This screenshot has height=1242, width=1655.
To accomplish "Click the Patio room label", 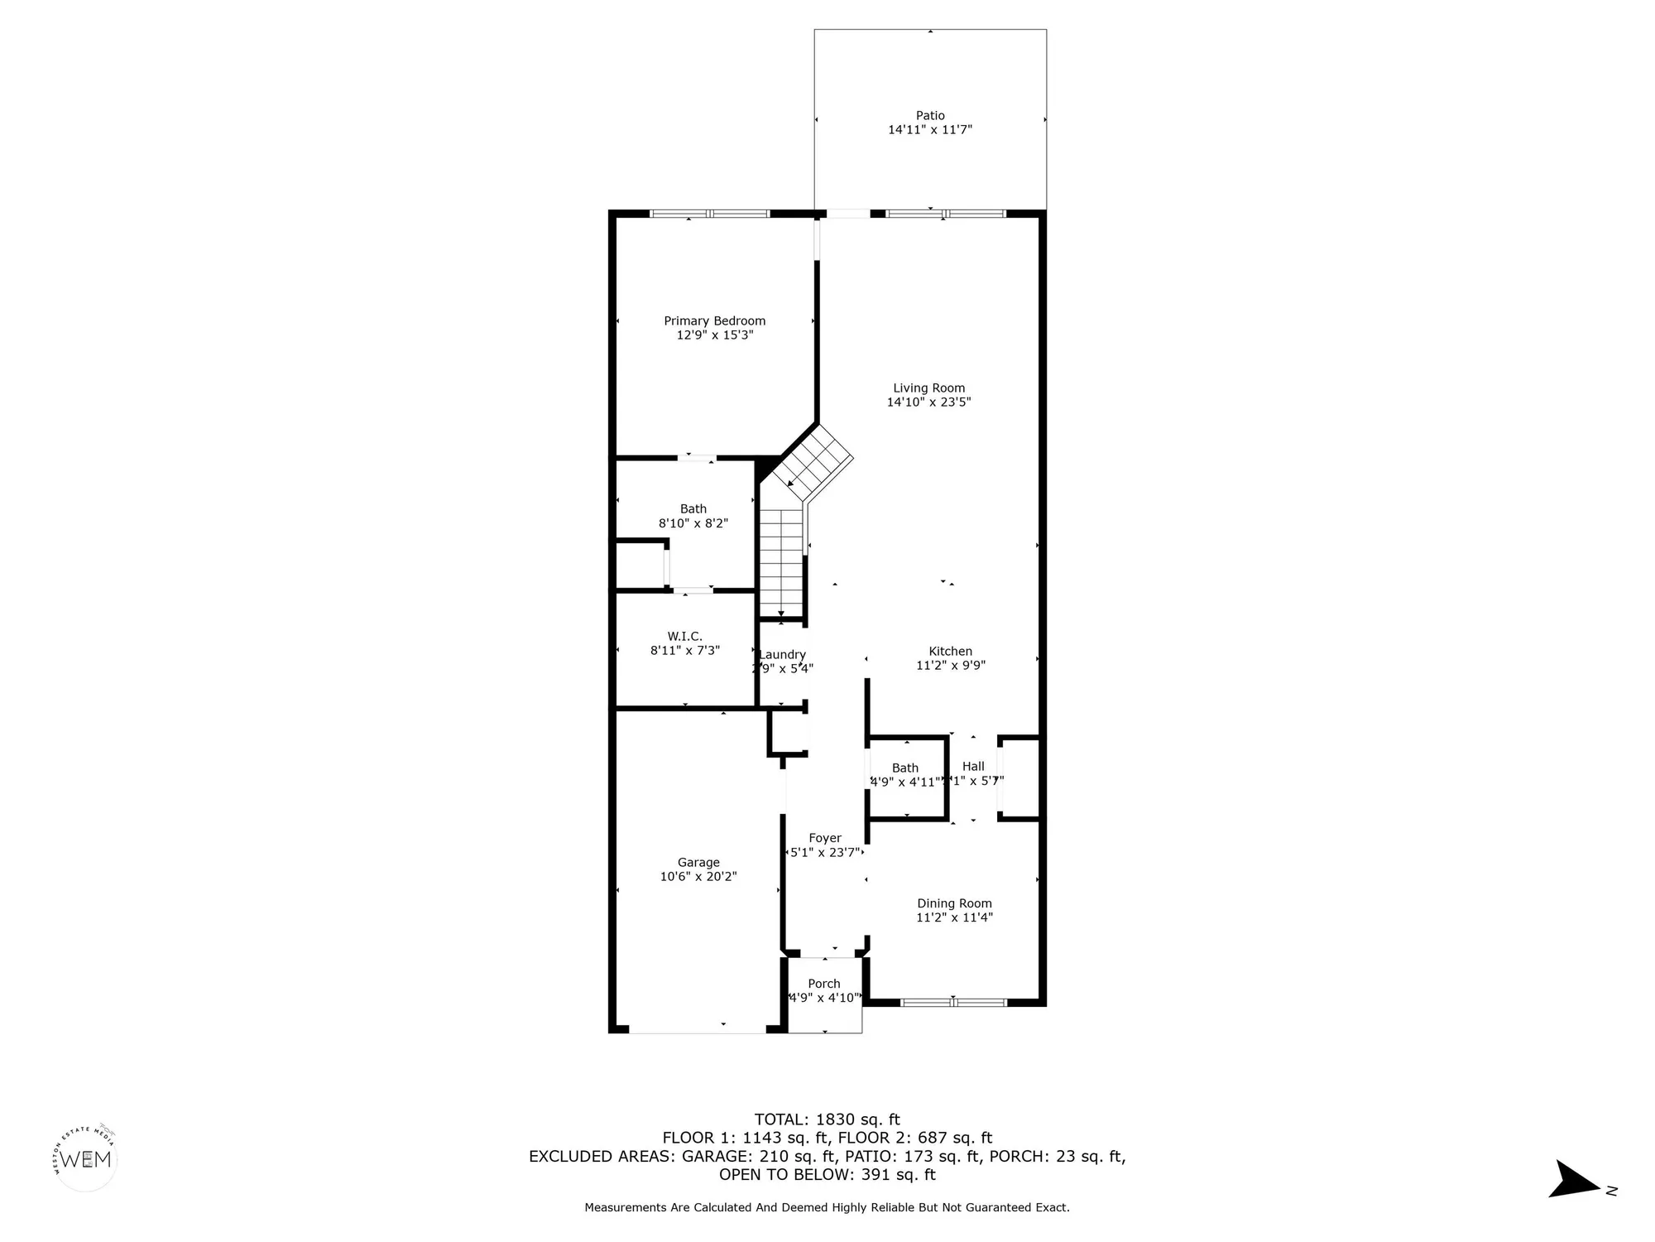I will (x=930, y=116).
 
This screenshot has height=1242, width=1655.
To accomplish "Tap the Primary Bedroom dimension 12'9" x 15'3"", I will (x=715, y=335).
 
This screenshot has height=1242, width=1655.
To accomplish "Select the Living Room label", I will (x=928, y=388).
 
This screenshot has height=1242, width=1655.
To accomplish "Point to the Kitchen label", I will (x=950, y=652).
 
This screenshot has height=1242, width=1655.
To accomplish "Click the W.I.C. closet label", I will (x=684, y=636).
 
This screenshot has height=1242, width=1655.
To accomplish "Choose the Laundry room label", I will (x=782, y=655).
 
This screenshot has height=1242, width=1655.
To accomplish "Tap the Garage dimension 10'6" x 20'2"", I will (x=698, y=876).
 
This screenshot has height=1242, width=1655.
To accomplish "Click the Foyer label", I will (x=825, y=838).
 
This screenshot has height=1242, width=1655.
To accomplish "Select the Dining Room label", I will (x=954, y=903).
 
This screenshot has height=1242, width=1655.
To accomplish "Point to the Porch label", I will (x=824, y=984).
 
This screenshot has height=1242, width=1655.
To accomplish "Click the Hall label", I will (x=973, y=767).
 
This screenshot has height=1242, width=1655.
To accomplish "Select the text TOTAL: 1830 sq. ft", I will (x=827, y=1119).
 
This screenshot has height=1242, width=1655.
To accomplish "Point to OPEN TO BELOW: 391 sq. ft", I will (x=827, y=1174).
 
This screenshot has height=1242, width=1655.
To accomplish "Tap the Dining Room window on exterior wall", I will (x=953, y=1002).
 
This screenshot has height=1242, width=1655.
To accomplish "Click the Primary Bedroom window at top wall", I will (x=710, y=214).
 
